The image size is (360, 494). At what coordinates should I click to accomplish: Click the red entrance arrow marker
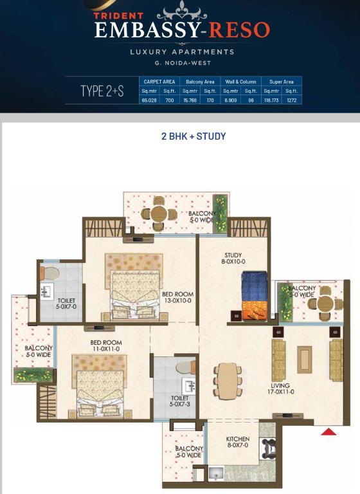328,432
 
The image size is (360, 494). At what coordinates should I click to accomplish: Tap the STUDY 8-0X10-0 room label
233,259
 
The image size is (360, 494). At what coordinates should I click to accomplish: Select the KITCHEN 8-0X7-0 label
238,442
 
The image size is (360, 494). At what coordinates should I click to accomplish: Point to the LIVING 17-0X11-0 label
281,389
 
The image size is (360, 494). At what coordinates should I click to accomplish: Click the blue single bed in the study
255,296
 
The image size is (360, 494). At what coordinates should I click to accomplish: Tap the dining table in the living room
228,381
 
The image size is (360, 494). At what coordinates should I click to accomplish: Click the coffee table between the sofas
304,360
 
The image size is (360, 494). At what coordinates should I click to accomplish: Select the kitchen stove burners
268,448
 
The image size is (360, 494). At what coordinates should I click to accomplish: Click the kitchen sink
216,473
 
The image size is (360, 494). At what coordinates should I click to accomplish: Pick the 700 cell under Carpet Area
170,100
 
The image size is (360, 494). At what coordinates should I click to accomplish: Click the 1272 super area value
292,100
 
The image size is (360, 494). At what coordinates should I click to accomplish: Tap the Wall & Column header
240,82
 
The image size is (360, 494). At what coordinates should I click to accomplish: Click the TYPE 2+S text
102,91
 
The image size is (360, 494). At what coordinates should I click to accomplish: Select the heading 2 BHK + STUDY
194,136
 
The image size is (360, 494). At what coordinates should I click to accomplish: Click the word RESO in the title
239,30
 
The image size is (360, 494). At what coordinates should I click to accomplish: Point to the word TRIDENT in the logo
119,15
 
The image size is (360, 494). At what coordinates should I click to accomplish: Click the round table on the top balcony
159,214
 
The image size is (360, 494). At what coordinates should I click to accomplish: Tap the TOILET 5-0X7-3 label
180,401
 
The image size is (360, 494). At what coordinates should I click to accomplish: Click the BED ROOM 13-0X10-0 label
177,297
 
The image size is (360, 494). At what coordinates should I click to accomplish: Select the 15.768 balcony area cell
190,100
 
